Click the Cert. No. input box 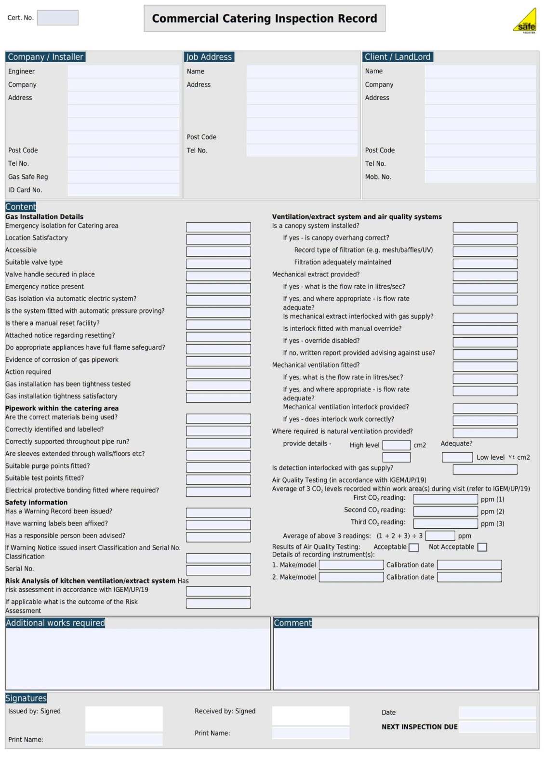(x=58, y=18)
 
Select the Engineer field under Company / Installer (x=123, y=71)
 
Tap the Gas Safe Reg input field (x=123, y=177)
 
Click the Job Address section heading (x=209, y=57)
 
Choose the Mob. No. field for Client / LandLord (x=480, y=177)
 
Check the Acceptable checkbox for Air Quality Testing (x=413, y=547)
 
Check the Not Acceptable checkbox (x=482, y=547)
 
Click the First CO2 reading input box (x=445, y=499)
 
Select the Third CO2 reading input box (x=445, y=523)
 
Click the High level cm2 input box (x=396, y=445)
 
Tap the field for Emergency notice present (x=218, y=288)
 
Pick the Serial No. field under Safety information (x=218, y=570)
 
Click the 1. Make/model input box (x=351, y=565)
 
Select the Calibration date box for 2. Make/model (x=469, y=577)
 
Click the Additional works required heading (x=55, y=623)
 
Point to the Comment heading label (x=292, y=623)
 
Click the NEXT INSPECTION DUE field (x=497, y=727)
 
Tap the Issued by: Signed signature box (x=124, y=718)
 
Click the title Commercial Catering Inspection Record (x=265, y=19)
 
